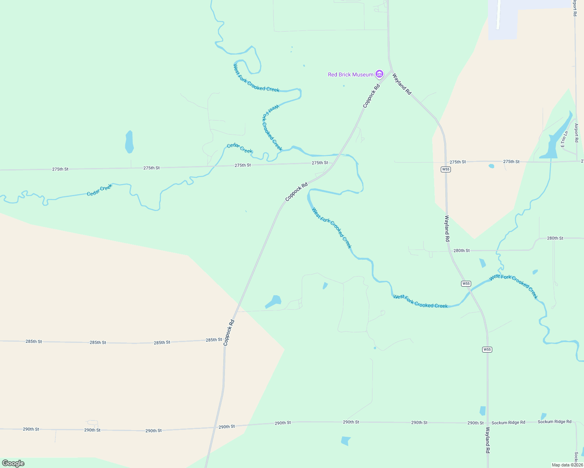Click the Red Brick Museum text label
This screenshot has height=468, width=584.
351,74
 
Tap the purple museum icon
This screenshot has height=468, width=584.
379,74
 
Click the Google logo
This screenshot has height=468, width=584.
13,463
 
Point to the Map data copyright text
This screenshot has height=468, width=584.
567,465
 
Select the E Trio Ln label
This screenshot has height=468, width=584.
564,139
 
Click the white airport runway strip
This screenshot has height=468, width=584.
499,15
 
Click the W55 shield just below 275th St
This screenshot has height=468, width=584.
446,169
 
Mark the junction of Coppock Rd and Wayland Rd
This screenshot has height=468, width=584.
391,70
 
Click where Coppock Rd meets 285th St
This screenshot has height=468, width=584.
225,340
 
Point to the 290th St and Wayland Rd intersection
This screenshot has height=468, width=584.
488,422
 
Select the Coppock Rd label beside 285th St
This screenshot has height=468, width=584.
229,332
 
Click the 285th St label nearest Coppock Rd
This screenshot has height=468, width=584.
214,340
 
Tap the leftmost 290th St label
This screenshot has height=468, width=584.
31,429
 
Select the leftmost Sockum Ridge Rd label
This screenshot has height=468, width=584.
508,422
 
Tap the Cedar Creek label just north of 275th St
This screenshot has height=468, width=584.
240,148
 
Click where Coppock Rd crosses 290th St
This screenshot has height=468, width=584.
214,427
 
